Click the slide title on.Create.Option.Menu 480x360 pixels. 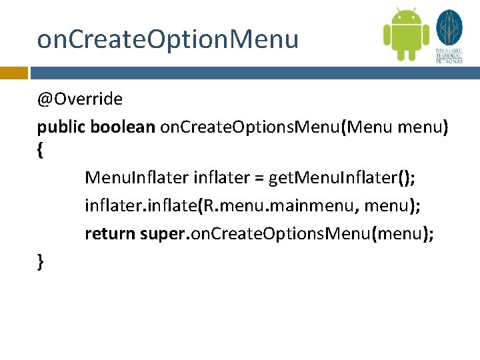[168, 40]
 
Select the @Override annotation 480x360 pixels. [80, 100]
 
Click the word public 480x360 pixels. [61, 127]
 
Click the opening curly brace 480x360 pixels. [41, 151]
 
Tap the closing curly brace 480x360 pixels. [41, 262]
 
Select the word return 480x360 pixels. [110, 234]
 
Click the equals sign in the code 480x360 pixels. [257, 178]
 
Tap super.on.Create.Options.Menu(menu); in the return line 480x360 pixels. [287, 234]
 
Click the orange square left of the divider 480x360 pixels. [13, 72]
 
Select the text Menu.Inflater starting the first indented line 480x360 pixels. [135, 178]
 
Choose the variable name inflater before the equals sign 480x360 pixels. [220, 178]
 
